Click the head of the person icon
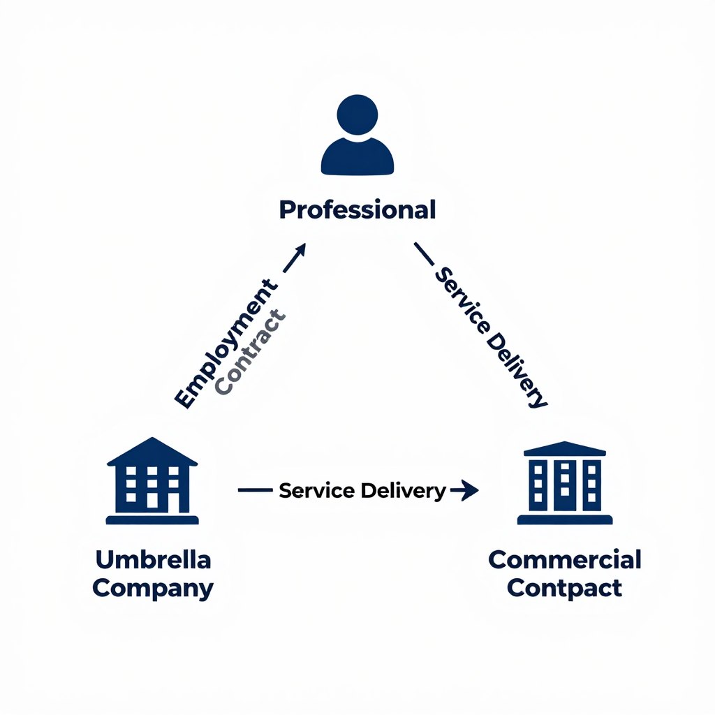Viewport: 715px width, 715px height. pyautogui.click(x=357, y=115)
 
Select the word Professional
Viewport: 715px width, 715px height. pyautogui.click(x=357, y=209)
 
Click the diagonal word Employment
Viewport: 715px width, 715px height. pyautogui.click(x=225, y=344)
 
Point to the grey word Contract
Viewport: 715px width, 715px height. pyautogui.click(x=251, y=353)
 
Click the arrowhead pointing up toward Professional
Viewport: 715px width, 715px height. pyautogui.click(x=299, y=251)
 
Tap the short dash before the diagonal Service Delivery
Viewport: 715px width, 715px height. pyautogui.click(x=424, y=253)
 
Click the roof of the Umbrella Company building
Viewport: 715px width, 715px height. pyautogui.click(x=152, y=452)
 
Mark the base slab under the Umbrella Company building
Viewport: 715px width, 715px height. pyautogui.click(x=152, y=519)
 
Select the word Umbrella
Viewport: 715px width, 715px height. pyautogui.click(x=152, y=559)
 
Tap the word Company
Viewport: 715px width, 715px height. pyautogui.click(x=152, y=587)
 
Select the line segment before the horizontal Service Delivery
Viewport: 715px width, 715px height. pyautogui.click(x=254, y=491)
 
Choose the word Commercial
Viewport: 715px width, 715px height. pyautogui.click(x=564, y=559)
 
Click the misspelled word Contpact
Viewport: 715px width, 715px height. pyautogui.click(x=564, y=587)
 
